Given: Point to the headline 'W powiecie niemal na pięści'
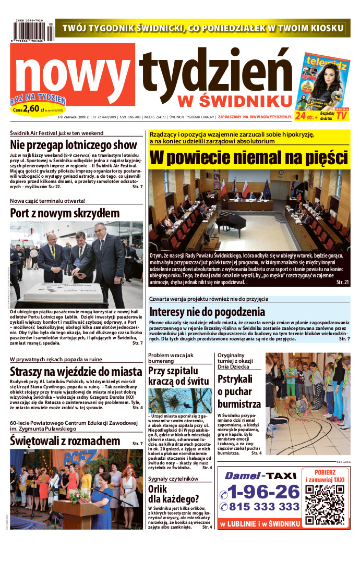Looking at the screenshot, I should [249, 156].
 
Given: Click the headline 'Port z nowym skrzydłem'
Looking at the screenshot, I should [65, 213].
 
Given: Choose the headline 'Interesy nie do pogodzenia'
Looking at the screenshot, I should [207, 312].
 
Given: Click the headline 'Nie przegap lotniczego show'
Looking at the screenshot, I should [74, 145].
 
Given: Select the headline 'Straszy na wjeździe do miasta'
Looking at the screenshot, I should [76, 371].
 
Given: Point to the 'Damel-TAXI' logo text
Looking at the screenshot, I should [260, 475].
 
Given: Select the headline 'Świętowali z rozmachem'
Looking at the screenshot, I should [65, 441].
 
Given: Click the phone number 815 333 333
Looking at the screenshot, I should [259, 506].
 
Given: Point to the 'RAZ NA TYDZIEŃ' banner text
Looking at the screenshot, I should [38, 99].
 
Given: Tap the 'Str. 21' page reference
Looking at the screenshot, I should [342, 282].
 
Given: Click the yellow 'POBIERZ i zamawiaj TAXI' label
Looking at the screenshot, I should [324, 475].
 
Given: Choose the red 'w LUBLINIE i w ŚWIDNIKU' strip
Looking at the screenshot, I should [260, 523].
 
